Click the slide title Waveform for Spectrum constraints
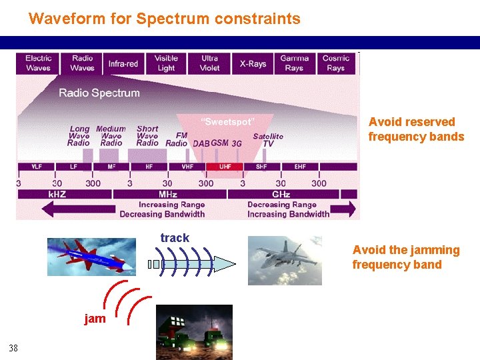(x=164, y=19)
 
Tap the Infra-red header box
(x=123, y=63)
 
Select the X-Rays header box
(x=253, y=63)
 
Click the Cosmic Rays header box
(x=335, y=63)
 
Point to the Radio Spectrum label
(x=99, y=93)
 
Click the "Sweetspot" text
(x=228, y=122)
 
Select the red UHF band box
(x=225, y=167)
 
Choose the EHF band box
(x=300, y=167)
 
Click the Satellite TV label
(x=268, y=139)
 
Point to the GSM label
(x=219, y=143)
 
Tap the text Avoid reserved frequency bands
(x=416, y=129)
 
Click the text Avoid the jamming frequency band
(x=406, y=257)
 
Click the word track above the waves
(x=175, y=238)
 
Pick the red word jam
(x=95, y=319)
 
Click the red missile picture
(x=91, y=257)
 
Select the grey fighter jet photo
(x=285, y=261)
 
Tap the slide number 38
(x=13, y=347)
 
